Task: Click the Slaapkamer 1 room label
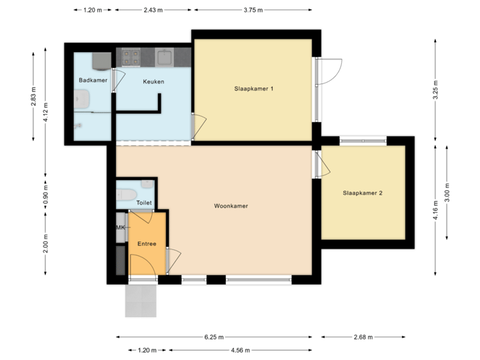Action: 254,89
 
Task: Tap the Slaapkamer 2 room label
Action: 362,193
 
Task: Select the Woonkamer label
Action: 231,206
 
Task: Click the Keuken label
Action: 153,81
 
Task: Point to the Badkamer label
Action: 93,81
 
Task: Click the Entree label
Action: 147,244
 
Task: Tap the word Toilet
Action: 144,203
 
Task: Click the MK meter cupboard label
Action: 121,228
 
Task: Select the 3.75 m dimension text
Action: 253,11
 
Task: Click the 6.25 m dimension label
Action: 215,337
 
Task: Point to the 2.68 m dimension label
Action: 363,337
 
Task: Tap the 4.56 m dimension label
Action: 240,350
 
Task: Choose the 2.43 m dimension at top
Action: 153,11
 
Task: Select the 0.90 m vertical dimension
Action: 45,193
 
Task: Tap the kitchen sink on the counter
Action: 165,57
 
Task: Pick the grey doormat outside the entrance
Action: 141,301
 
